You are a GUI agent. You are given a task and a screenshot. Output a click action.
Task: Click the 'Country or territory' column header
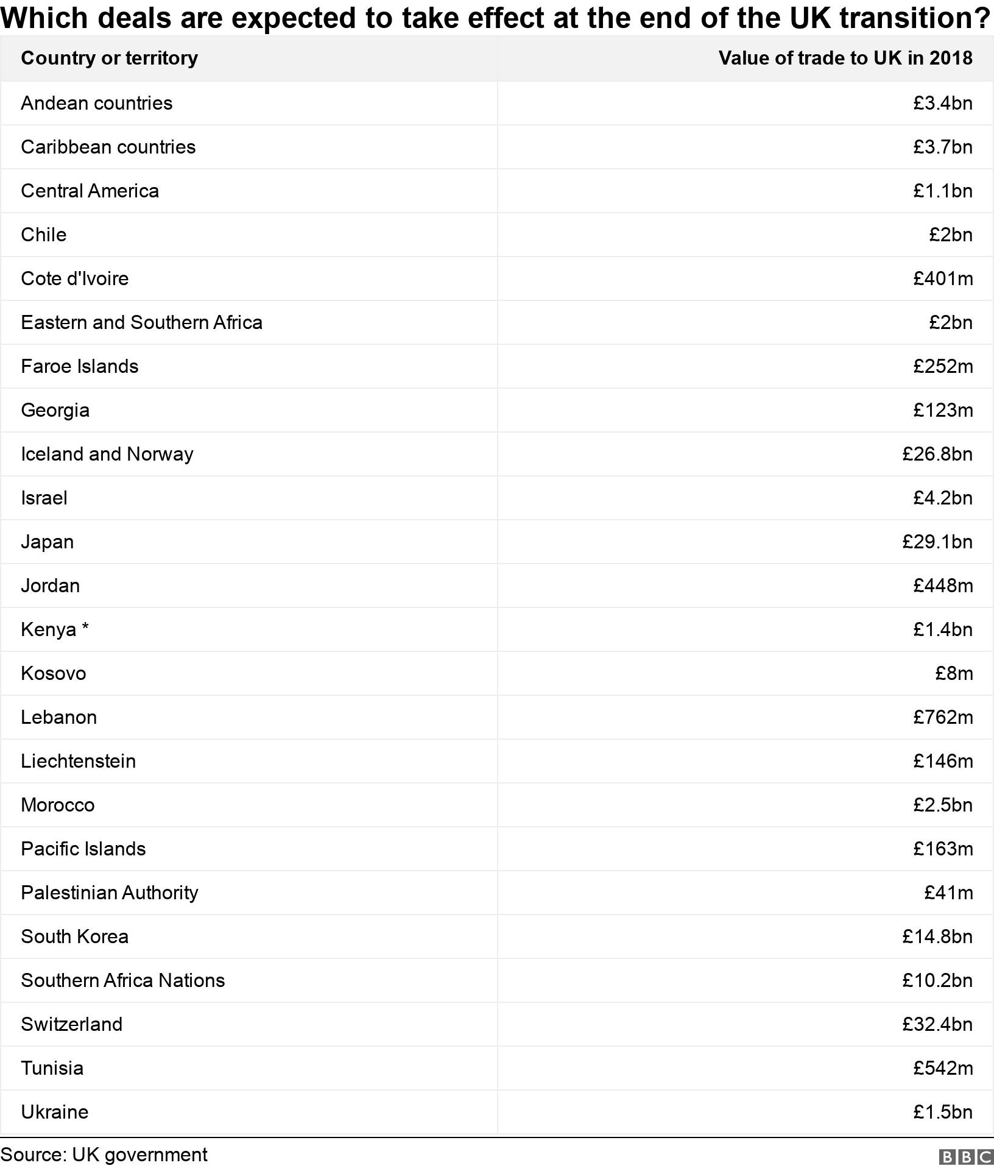pos(109,58)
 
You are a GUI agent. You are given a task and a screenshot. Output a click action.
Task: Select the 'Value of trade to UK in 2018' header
pos(845,58)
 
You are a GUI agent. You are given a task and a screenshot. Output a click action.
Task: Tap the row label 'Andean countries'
pos(96,103)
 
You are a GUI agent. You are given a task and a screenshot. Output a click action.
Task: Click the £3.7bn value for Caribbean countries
pos(942,147)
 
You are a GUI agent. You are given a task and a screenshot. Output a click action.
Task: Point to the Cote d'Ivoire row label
pos(74,278)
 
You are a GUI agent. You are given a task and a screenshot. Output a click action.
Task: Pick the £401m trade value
pos(942,278)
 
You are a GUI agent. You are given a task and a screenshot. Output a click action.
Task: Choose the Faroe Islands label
pos(79,366)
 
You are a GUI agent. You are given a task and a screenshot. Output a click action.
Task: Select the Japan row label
pos(47,542)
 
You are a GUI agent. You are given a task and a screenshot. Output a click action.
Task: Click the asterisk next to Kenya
pos(85,628)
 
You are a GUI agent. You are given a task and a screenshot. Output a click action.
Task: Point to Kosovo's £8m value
pos(954,673)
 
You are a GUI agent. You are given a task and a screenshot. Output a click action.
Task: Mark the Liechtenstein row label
pos(78,761)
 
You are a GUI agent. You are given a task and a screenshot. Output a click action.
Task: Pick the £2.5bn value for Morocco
pos(942,805)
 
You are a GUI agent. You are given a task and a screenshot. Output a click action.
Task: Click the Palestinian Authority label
pos(109,893)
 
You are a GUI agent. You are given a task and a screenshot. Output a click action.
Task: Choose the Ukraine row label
pos(54,1112)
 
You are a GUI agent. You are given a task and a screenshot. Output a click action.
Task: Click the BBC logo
pos(966,1156)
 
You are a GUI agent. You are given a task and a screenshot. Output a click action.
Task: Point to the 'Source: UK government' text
pos(104,1155)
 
